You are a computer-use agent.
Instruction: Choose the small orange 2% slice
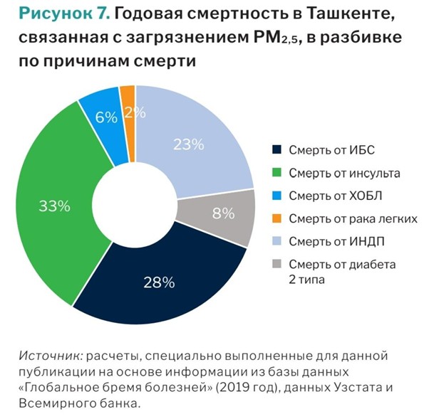(x=128, y=100)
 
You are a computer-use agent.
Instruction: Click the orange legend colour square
(x=276, y=218)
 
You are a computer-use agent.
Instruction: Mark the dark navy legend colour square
(x=276, y=149)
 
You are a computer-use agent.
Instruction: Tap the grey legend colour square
(x=276, y=264)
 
